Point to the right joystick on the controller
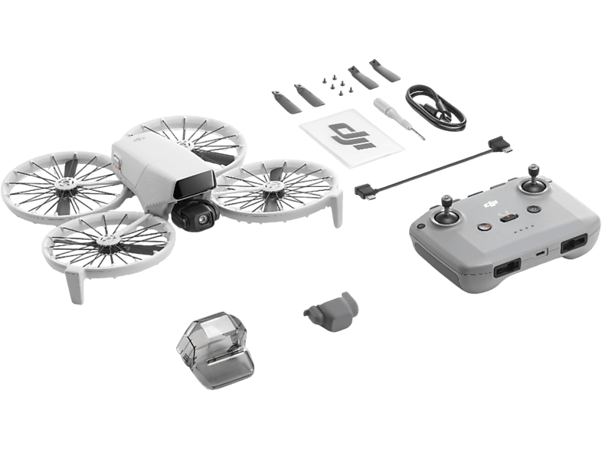[x=529, y=186]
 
